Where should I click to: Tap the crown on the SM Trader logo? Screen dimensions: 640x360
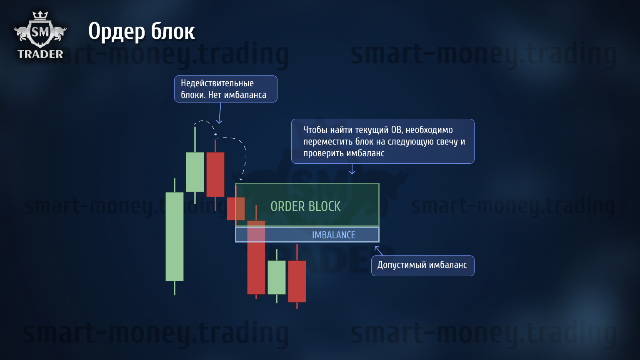click(x=40, y=15)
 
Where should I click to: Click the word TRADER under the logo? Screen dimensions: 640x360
click(x=40, y=54)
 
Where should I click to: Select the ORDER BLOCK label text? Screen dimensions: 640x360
click(x=305, y=206)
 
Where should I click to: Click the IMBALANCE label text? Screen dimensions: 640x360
click(x=333, y=235)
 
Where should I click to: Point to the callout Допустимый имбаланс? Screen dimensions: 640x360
click(x=422, y=265)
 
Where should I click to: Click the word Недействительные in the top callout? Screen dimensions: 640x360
click(x=217, y=83)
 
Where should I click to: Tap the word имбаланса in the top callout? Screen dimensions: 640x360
click(x=245, y=95)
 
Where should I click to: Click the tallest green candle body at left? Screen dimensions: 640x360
click(x=175, y=237)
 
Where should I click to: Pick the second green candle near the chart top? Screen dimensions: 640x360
click(x=195, y=172)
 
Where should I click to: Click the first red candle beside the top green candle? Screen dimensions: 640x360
click(x=215, y=174)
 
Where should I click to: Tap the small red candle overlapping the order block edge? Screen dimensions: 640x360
click(x=236, y=209)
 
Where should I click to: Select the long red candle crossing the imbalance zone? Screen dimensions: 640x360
click(x=256, y=257)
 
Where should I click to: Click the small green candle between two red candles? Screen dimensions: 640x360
click(x=277, y=277)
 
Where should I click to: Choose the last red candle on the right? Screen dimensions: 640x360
click(x=297, y=281)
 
